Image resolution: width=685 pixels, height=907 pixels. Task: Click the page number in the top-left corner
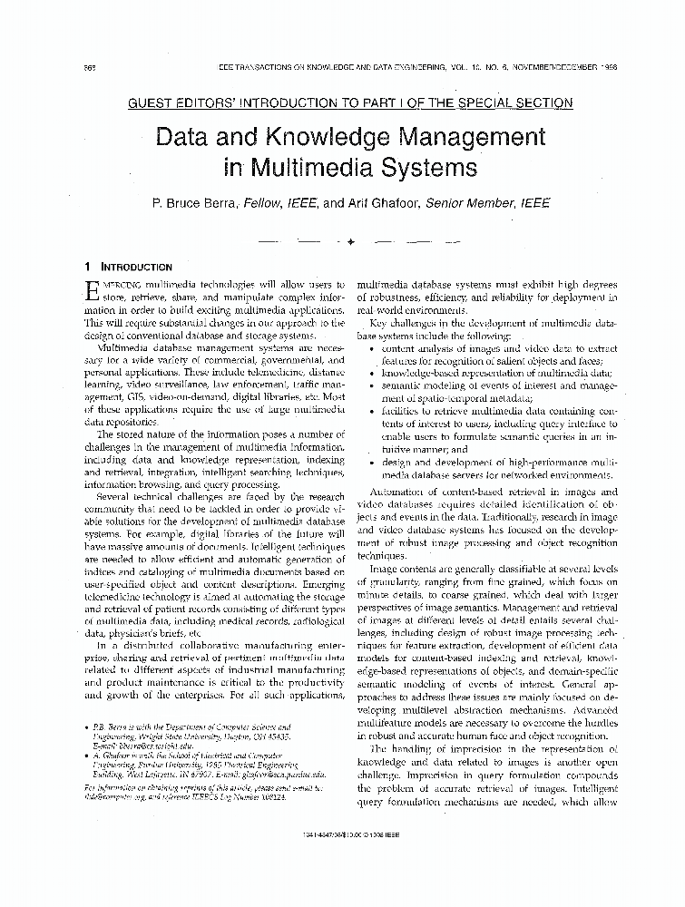[x=89, y=69]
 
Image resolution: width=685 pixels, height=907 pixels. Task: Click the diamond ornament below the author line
[x=350, y=242]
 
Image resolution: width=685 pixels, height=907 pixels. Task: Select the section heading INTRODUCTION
[x=135, y=268]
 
